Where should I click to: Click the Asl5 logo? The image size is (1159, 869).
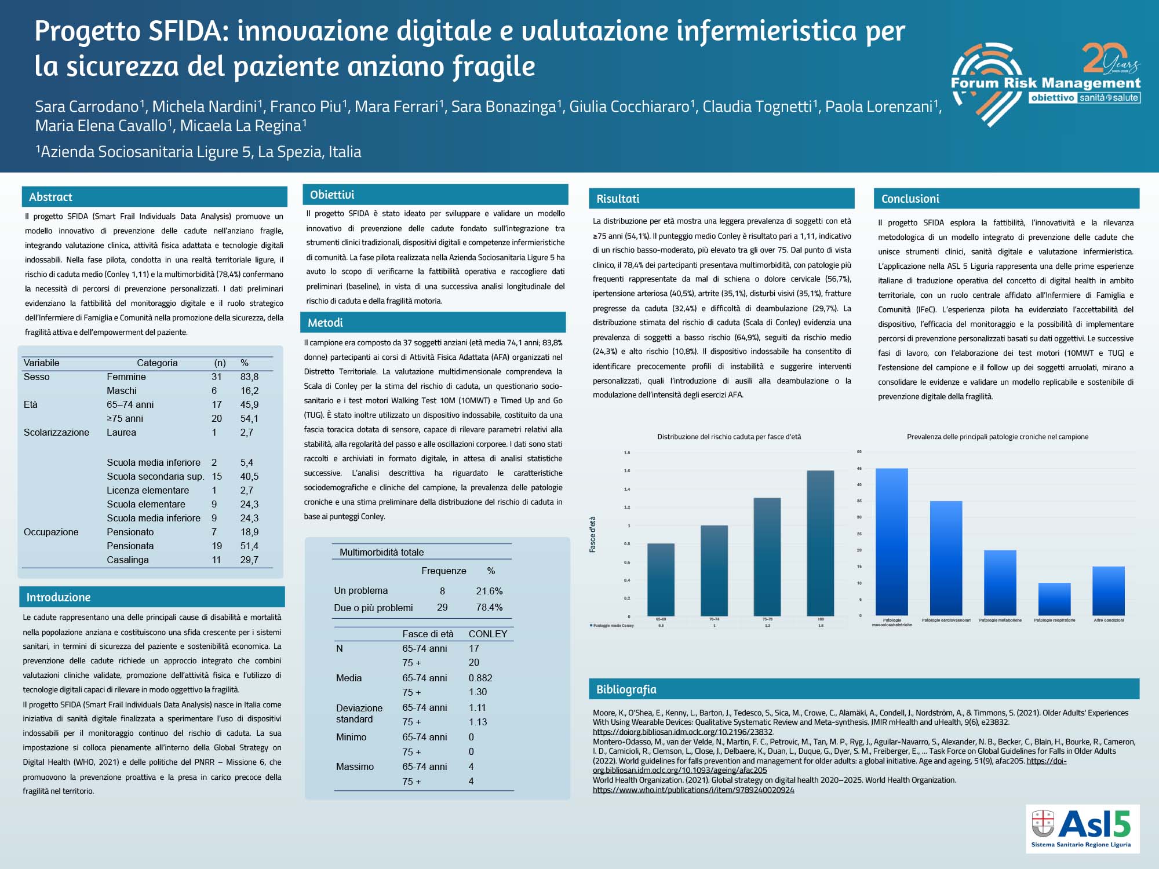[x=1082, y=828]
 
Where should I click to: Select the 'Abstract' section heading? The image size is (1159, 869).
[x=51, y=197]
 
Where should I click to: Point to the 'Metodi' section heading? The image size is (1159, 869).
[x=325, y=323]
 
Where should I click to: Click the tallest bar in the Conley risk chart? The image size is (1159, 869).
[x=820, y=543]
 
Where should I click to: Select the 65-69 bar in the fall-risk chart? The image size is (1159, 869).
[x=661, y=579]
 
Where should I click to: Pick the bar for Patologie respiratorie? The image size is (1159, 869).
[x=1054, y=599]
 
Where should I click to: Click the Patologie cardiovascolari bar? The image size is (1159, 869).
[x=946, y=558]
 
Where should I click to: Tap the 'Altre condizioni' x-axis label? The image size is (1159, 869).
[x=1109, y=620]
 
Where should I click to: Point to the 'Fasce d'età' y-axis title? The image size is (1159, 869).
[x=593, y=534]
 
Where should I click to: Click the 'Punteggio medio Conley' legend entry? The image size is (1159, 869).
[x=613, y=626]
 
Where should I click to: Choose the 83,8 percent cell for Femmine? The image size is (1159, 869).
[x=249, y=377]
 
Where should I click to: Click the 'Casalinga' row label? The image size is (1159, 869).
[x=127, y=560]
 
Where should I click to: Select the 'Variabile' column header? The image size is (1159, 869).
[x=41, y=363]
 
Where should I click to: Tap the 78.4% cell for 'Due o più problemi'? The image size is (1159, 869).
[x=489, y=607]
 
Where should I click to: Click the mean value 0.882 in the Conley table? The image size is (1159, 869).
[x=480, y=678]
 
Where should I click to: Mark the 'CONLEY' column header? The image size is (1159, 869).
[x=487, y=634]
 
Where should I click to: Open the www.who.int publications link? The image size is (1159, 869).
[x=693, y=790]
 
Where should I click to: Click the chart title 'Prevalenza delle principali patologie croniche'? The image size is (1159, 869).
[x=997, y=437]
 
